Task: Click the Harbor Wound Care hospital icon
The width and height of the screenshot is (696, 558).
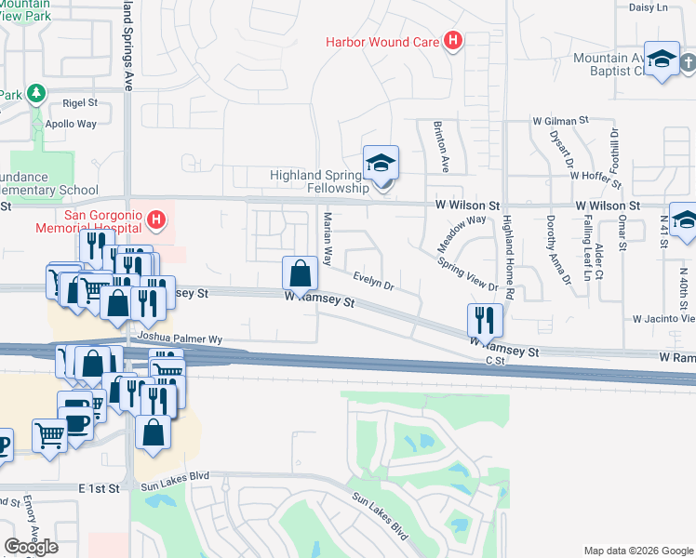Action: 453,41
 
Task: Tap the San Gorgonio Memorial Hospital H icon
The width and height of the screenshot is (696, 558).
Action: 157,220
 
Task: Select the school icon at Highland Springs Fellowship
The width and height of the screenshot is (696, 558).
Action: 381,164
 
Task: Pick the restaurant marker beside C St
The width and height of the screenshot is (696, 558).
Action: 485,320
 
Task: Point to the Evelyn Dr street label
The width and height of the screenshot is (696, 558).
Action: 373,281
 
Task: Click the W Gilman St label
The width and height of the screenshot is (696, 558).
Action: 561,121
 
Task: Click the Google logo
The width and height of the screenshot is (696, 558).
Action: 31,547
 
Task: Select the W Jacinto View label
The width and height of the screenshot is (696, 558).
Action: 663,318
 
